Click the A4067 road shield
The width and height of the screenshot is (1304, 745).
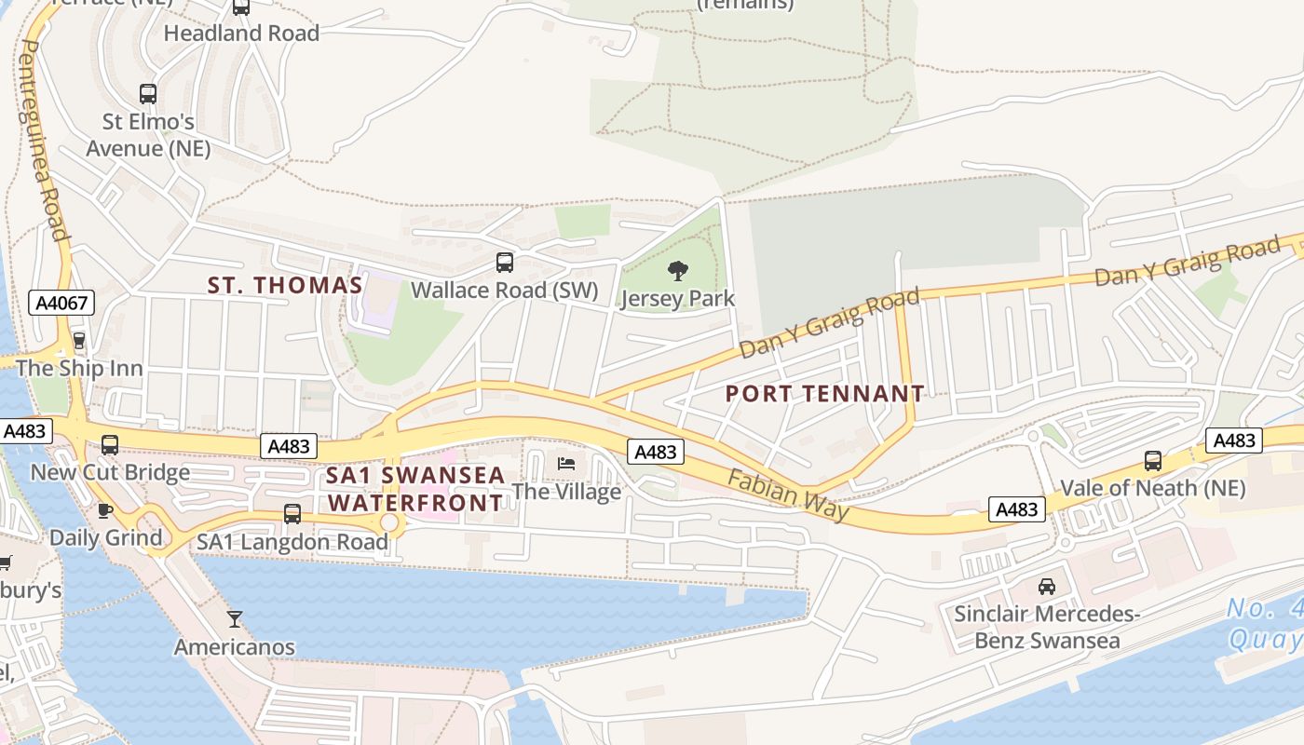coord(61,303)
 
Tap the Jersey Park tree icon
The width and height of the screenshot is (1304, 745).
coord(678,271)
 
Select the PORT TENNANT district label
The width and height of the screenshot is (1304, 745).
coord(824,394)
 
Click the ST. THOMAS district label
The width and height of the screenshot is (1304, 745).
coord(284,286)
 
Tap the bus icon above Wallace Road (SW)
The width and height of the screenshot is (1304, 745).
coord(505,263)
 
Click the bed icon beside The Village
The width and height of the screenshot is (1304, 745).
coord(565,464)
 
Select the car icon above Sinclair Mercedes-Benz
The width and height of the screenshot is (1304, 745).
coord(1047,587)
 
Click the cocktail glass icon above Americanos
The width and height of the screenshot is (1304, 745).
coord(235,618)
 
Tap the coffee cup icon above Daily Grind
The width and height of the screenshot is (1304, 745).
coord(105,510)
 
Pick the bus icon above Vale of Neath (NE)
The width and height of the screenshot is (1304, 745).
coord(1153,460)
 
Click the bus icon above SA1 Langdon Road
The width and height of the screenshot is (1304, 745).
coord(292,514)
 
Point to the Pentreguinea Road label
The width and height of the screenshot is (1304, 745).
coord(43,140)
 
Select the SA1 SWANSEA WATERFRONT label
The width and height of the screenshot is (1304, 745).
coord(415,489)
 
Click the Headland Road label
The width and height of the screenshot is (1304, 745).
coord(241,34)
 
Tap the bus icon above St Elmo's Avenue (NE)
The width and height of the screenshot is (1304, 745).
coord(148,94)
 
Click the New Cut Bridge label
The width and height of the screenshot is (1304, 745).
coord(110,472)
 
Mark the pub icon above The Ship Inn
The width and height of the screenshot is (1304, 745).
coord(79,341)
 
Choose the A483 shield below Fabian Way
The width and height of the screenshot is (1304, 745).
coord(1016,509)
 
